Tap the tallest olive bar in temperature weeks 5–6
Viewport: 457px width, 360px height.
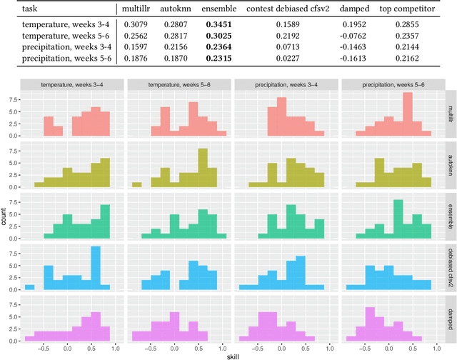(202, 169)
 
